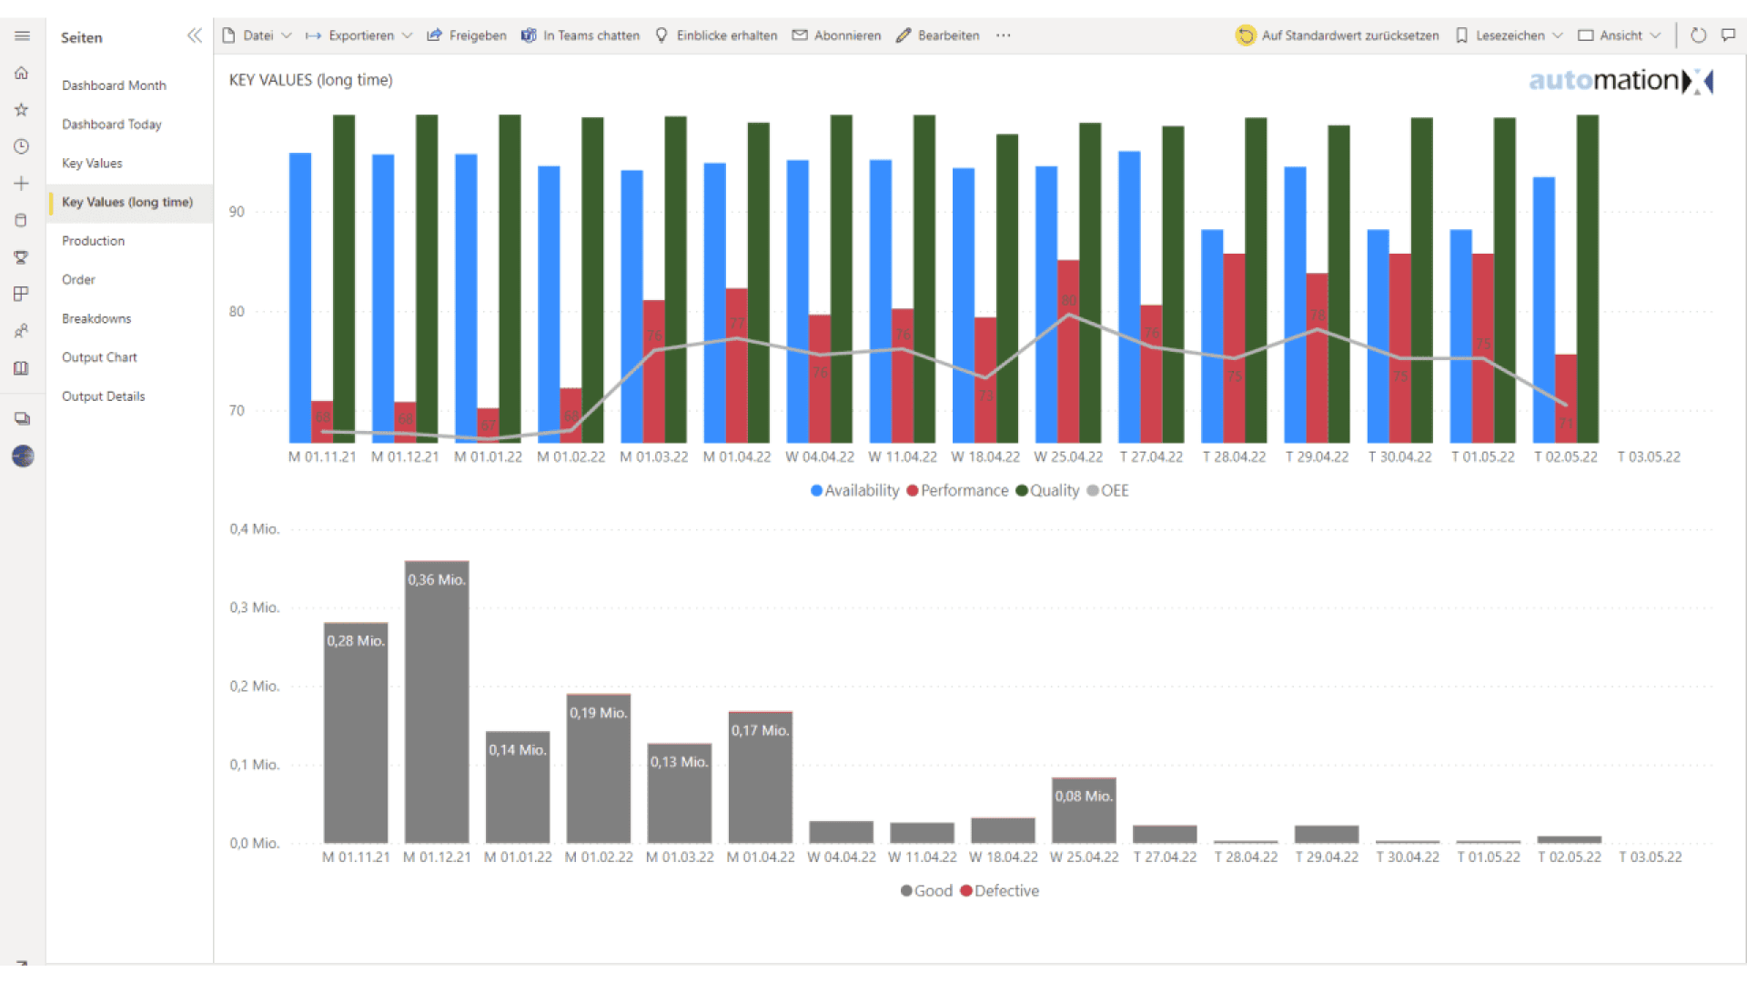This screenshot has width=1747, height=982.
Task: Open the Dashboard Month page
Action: click(x=114, y=85)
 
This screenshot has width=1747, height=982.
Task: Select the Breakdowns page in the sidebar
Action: click(x=96, y=318)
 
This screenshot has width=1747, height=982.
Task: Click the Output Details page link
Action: click(x=103, y=396)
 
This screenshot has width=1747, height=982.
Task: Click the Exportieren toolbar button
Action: click(x=360, y=35)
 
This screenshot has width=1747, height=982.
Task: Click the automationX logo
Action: click(x=1620, y=81)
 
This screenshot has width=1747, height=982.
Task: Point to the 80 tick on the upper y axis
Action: click(x=237, y=312)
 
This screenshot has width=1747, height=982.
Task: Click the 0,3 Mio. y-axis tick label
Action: click(x=254, y=607)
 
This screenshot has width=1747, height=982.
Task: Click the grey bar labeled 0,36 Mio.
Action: click(x=437, y=700)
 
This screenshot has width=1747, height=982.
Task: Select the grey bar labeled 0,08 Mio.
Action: click(x=1084, y=810)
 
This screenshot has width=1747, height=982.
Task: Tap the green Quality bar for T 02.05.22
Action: click(x=1587, y=273)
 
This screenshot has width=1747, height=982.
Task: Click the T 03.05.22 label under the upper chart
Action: click(x=1649, y=457)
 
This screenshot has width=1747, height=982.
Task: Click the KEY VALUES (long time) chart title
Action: click(x=310, y=80)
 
